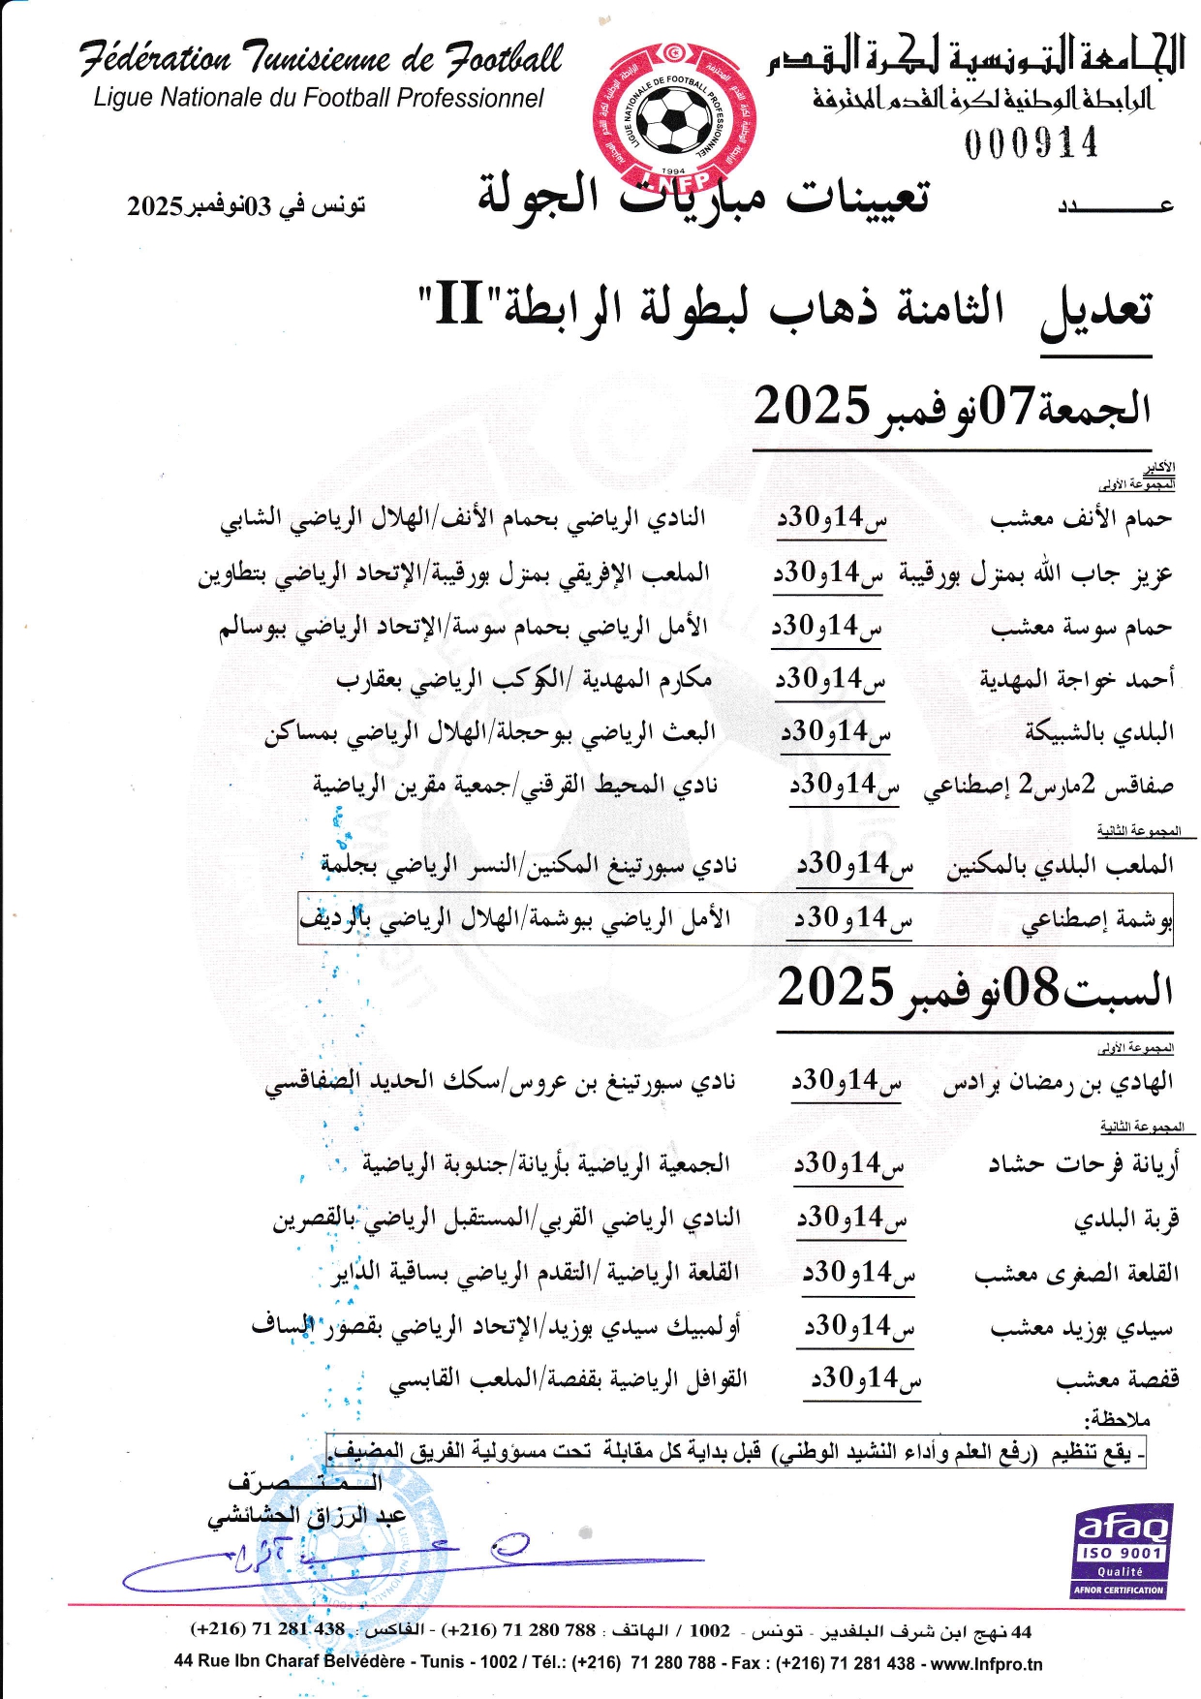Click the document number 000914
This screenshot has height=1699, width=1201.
click(x=1031, y=143)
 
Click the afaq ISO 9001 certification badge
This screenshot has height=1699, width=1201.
click(x=1122, y=1551)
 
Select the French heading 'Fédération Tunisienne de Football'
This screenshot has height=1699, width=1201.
click(x=321, y=58)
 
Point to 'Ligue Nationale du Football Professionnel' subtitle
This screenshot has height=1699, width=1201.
click(x=319, y=98)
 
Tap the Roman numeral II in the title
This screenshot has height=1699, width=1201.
click(x=459, y=304)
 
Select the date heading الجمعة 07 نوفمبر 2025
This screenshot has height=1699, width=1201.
click(x=952, y=407)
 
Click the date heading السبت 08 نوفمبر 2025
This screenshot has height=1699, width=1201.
click(x=974, y=989)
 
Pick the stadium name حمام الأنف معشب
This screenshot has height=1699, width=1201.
click(x=1080, y=519)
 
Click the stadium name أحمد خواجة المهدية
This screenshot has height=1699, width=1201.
click(x=1076, y=679)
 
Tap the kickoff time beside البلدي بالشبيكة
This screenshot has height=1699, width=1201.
click(x=835, y=732)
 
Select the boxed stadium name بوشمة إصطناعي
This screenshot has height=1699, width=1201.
click(x=1096, y=920)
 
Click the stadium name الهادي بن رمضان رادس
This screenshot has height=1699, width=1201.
click(x=1058, y=1083)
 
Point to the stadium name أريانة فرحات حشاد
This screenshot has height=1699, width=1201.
click(x=1083, y=1164)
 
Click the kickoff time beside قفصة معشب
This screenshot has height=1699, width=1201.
click(x=866, y=1378)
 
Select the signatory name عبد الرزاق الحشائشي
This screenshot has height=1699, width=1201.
click(x=306, y=1516)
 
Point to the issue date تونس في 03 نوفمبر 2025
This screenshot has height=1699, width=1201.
click(x=246, y=205)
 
